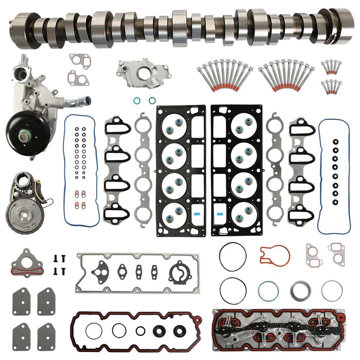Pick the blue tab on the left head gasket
[x=197, y=214]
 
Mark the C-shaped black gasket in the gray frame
[x=179, y=274]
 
